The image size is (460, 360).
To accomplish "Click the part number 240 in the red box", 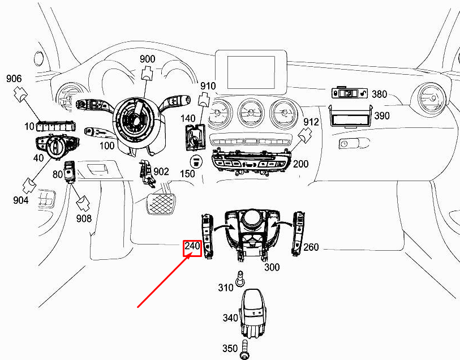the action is click(x=192, y=246).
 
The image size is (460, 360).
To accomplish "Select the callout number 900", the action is click(x=147, y=59).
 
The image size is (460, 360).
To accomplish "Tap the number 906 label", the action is click(x=14, y=78).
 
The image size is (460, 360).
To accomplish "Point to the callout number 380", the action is click(x=379, y=94).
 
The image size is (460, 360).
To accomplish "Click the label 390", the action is click(x=382, y=115).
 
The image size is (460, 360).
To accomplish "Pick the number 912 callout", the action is click(x=311, y=122).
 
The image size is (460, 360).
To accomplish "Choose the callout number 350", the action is click(x=230, y=348).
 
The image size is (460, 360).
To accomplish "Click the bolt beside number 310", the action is click(x=240, y=278).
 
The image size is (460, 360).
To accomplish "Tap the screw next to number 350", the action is click(x=243, y=349).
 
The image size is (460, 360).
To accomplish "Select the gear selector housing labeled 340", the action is click(x=253, y=313).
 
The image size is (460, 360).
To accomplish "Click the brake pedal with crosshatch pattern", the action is click(x=160, y=203).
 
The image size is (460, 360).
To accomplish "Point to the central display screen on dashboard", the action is click(x=251, y=73).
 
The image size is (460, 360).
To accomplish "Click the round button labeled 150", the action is click(x=195, y=161).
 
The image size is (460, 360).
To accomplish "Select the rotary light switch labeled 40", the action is click(x=57, y=146).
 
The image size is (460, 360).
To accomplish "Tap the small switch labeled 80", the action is click(x=70, y=172).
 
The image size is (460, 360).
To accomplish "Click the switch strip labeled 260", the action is click(x=298, y=233).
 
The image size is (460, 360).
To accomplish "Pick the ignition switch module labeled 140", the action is click(x=195, y=137).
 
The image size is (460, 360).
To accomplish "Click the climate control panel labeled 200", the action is click(x=252, y=162).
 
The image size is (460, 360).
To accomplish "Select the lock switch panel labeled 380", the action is click(x=350, y=93).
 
